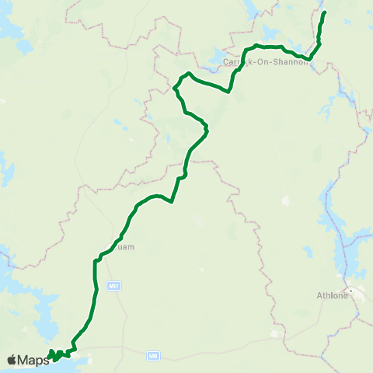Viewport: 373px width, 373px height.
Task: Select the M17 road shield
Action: (115, 287)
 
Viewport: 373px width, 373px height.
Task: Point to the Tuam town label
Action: (126, 247)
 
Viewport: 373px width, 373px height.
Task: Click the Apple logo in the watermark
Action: (12, 360)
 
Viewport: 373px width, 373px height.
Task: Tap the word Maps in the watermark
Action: (34, 360)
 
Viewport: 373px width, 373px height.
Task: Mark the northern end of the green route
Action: (324, 12)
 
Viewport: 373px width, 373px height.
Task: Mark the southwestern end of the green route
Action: (49, 358)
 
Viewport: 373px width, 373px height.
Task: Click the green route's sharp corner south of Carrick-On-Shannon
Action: (228, 91)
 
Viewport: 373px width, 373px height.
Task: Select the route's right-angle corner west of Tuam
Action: (96, 261)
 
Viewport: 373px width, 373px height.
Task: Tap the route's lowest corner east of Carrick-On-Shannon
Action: (309, 58)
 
